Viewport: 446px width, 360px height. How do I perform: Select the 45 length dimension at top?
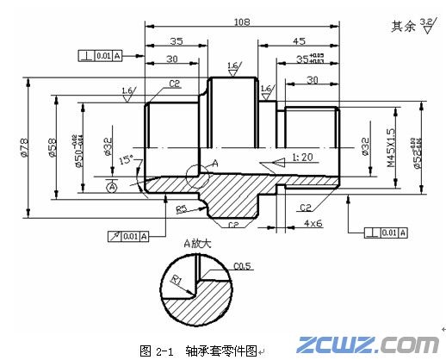coord(300,40)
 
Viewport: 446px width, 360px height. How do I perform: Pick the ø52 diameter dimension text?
coord(417,147)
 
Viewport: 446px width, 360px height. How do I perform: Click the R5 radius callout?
coord(182,209)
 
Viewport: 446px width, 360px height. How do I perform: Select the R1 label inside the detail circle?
coord(175,281)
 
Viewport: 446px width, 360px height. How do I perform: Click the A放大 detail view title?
coord(197,243)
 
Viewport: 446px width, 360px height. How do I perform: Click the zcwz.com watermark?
coord(369,344)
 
